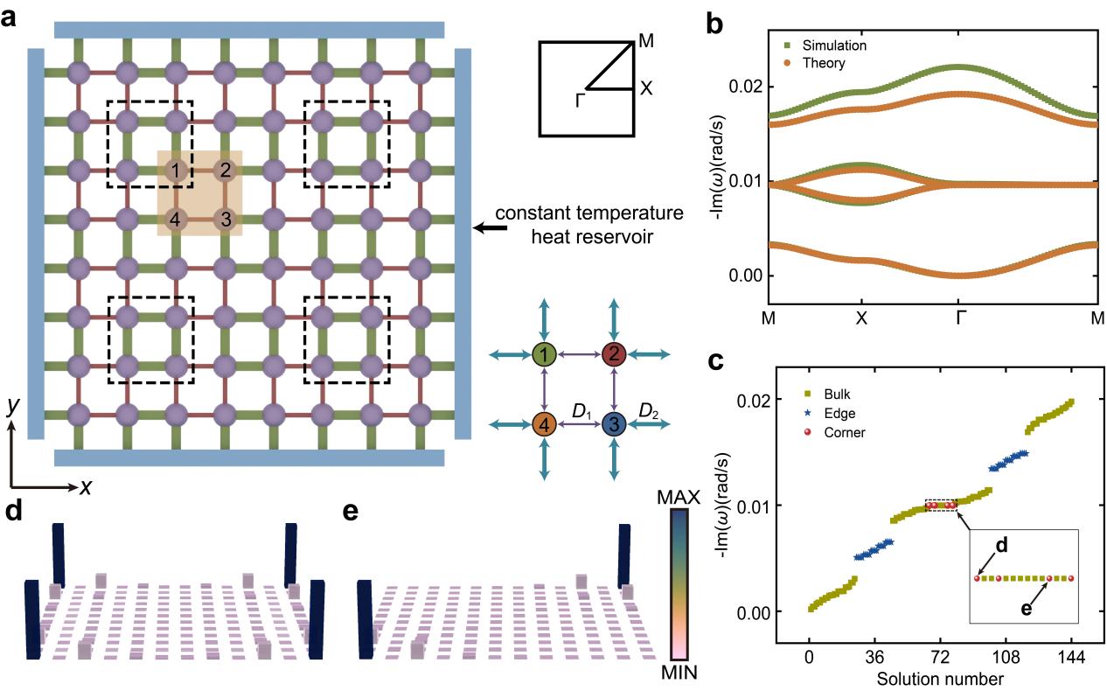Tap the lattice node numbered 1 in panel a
pyautogui.click(x=177, y=171)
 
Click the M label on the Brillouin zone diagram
pyautogui.click(x=646, y=40)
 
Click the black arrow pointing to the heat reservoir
pyautogui.click(x=488, y=227)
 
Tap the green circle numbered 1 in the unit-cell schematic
pyautogui.click(x=545, y=354)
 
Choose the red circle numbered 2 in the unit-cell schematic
pyautogui.click(x=614, y=354)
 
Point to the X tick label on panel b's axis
pyautogui.click(x=862, y=320)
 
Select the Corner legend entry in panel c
pyautogui.click(x=832, y=432)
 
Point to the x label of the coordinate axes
pyautogui.click(x=86, y=488)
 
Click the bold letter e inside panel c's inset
pyautogui.click(x=1027, y=608)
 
